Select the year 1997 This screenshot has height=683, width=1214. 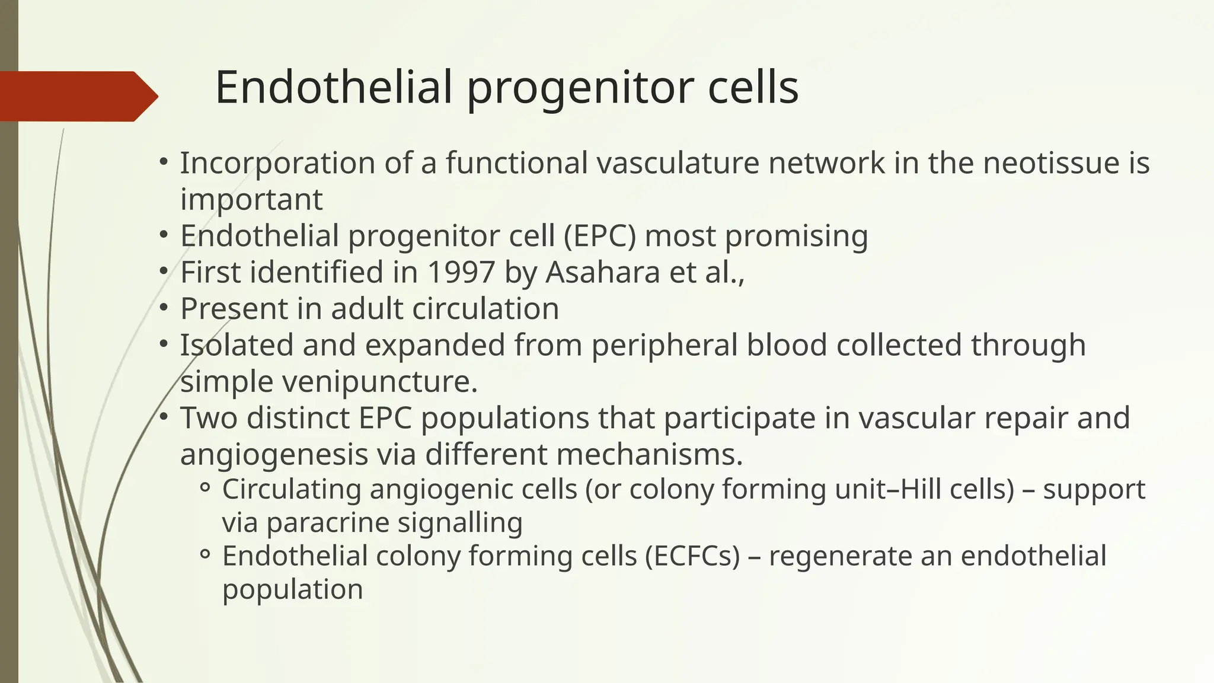[461, 273]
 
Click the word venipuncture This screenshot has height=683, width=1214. [379, 382]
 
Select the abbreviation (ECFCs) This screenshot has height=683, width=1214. [692, 557]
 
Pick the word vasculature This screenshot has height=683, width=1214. [678, 163]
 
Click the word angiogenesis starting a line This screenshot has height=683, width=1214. [274, 455]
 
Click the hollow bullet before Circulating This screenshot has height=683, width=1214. [205, 489]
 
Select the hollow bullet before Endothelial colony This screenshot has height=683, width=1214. [205, 556]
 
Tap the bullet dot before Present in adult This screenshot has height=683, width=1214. [164, 308]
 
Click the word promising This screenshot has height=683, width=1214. [796, 236]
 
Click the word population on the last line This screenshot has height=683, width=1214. [292, 590]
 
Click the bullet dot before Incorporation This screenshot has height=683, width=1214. [164, 162]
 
